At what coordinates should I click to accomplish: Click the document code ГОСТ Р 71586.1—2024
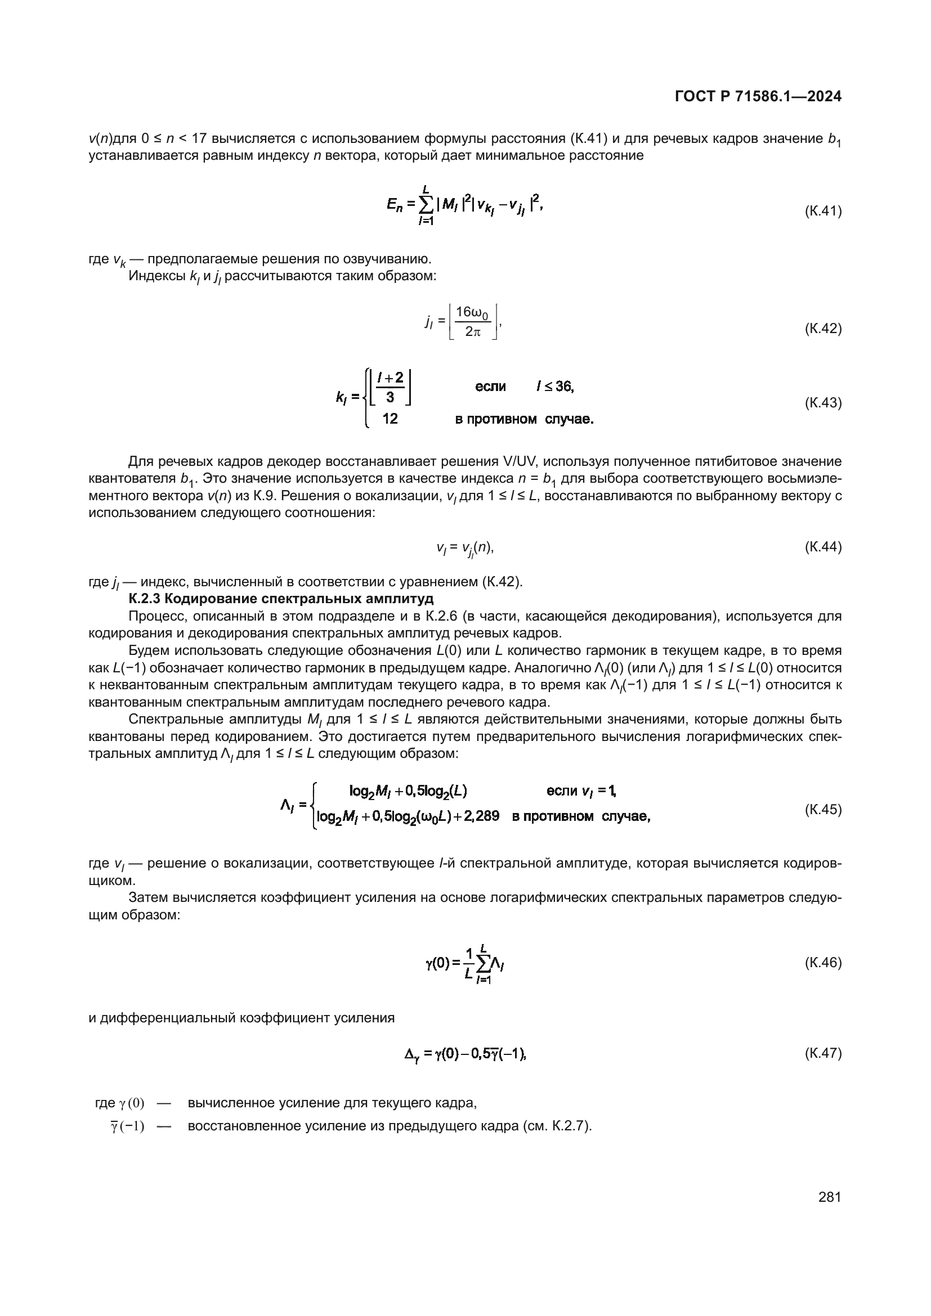758,97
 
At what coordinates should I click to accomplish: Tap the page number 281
830,1197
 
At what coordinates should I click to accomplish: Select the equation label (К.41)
823,212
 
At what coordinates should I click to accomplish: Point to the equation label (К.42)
823,329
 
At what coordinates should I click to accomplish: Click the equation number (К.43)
823,403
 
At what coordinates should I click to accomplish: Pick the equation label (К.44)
823,547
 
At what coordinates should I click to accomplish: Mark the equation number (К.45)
823,809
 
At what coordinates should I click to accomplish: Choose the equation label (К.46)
823,962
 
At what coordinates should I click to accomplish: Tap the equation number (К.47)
823,1053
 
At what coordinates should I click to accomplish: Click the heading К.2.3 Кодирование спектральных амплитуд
281,599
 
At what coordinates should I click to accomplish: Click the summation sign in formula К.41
426,205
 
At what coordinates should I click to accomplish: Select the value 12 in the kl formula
390,419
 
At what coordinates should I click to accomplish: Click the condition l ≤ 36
555,387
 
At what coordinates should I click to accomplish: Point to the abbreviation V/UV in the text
535,461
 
